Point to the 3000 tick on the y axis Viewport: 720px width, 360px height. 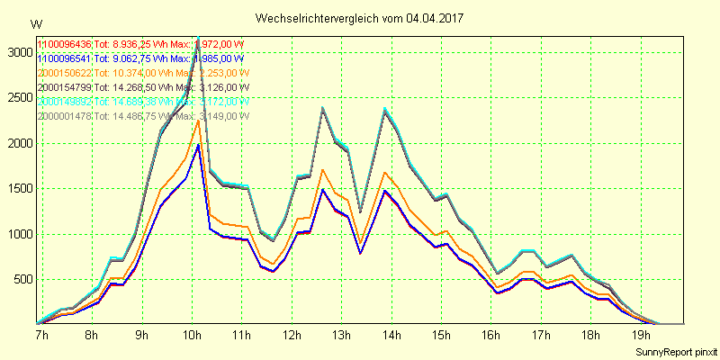pyautogui.click(x=17, y=53)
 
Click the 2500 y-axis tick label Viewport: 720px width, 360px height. pyautogui.click(x=17, y=98)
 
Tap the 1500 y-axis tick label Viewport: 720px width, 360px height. pyautogui.click(x=17, y=189)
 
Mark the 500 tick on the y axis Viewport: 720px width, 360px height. pyautogui.click(x=20, y=280)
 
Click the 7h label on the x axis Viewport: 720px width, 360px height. pyautogui.click(x=41, y=336)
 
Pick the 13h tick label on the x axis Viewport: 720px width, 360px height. pyautogui.click(x=341, y=336)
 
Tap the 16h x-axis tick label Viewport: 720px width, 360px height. pyautogui.click(x=491, y=336)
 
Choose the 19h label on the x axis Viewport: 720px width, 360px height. pyautogui.click(x=642, y=336)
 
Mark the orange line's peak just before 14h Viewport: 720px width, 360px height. pyautogui.click(x=385, y=173)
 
